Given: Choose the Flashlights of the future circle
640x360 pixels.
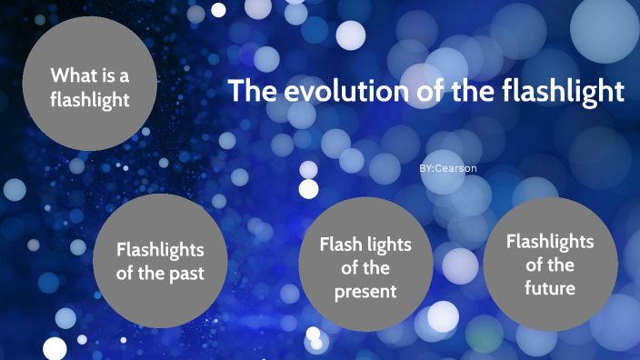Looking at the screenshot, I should click(x=550, y=264).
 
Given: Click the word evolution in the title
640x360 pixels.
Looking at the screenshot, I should click(x=326, y=92).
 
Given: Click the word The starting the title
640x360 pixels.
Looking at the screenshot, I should click(x=248, y=92).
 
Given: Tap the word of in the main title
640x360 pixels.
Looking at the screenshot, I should click(x=406, y=92).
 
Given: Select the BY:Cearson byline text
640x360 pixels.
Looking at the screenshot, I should click(x=448, y=169).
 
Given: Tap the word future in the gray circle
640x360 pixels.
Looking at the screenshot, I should click(x=550, y=288).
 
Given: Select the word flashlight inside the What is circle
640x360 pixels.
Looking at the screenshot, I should click(x=90, y=99).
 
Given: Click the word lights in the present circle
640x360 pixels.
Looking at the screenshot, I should click(x=388, y=245).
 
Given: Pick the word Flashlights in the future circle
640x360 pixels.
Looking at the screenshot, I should click(x=550, y=242).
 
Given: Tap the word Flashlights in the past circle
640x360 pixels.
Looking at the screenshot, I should click(x=160, y=249).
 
